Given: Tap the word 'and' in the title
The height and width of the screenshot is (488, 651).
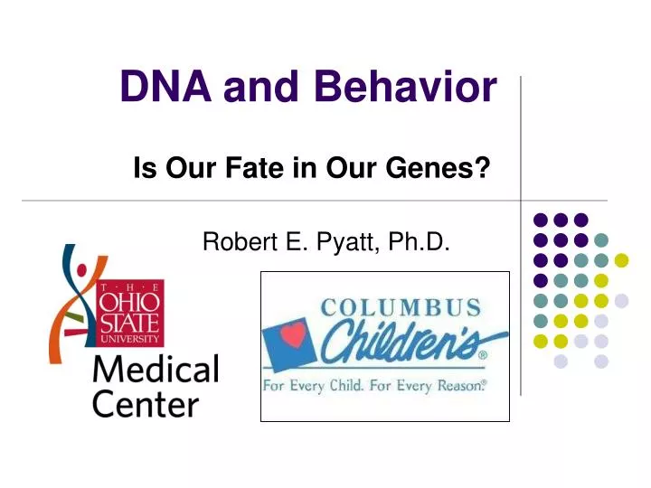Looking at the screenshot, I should [x=261, y=88].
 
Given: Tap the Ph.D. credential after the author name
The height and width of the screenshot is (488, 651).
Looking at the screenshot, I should [x=418, y=241].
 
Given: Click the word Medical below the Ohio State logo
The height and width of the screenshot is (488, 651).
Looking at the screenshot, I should [x=155, y=370].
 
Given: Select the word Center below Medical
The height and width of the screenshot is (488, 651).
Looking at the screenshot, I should [x=145, y=403].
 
